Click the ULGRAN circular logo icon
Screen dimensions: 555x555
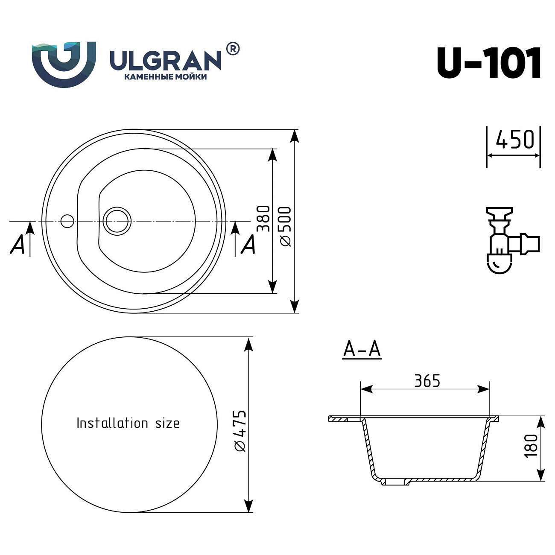coord(64,64)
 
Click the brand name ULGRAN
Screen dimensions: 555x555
coord(166,61)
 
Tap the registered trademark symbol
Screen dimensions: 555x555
coord(232,49)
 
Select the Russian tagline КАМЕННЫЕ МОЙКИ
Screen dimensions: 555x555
coord(165,77)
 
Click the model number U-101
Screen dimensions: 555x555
coord(489,63)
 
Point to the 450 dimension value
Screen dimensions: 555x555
coord(514,140)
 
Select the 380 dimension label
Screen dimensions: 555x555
coord(263,219)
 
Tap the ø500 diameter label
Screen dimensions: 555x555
coord(285,226)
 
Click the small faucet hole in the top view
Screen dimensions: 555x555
coord(67,221)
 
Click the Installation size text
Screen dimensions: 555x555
coord(128,423)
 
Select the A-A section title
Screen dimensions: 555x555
coord(362,349)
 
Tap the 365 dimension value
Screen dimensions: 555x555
coord(427,380)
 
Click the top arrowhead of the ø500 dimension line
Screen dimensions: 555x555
coord(294,135)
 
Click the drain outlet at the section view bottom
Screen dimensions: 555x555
coord(395,482)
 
